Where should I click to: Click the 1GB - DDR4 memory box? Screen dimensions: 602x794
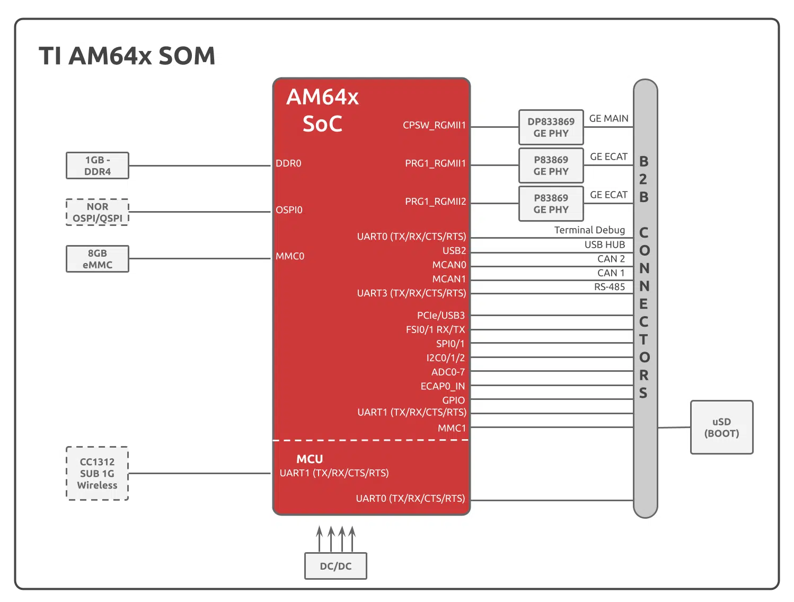(x=98, y=165)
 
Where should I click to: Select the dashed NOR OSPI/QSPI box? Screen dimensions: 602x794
(x=98, y=212)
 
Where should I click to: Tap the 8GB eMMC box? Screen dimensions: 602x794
(x=98, y=259)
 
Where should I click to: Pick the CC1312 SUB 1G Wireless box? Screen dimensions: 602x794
(x=98, y=473)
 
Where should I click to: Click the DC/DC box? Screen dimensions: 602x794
(x=336, y=566)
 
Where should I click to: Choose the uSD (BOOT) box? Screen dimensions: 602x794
(x=721, y=427)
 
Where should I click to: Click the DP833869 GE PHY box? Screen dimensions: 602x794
(x=551, y=127)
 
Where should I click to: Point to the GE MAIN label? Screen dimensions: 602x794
(x=608, y=118)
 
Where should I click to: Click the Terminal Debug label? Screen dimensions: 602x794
(x=589, y=230)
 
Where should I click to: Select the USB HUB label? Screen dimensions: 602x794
(x=604, y=245)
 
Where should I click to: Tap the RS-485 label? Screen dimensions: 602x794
(x=609, y=287)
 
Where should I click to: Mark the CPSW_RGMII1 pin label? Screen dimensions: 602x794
(x=434, y=125)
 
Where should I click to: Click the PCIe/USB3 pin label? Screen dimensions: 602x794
(x=440, y=316)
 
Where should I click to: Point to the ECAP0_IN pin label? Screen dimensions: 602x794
(x=443, y=386)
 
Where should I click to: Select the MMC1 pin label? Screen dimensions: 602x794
(x=452, y=428)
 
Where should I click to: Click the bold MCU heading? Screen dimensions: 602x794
(x=310, y=459)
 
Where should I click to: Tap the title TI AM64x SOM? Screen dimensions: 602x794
(x=127, y=56)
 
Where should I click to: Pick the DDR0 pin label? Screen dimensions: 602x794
(x=288, y=163)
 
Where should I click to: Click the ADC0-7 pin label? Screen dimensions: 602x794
(x=448, y=372)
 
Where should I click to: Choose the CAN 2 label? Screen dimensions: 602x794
(x=611, y=259)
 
